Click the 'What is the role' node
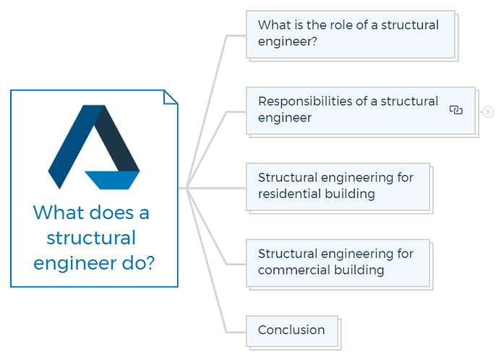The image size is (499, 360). click(350, 35)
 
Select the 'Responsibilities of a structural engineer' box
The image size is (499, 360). click(361, 111)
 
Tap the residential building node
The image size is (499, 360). click(338, 187)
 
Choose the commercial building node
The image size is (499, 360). click(338, 263)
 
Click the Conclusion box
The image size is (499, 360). click(292, 331)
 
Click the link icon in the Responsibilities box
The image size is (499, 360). click(456, 110)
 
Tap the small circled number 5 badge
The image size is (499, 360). click(488, 112)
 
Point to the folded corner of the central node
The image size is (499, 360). click(170, 97)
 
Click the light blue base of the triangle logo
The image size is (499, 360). click(112, 180)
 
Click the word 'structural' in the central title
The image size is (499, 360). click(91, 238)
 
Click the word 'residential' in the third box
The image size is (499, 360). click(285, 194)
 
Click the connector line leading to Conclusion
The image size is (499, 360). click(208, 264)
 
